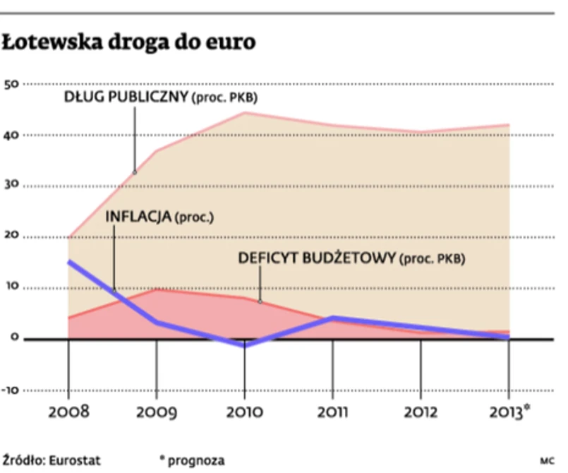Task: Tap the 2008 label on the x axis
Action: point(68,412)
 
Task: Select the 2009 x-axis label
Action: point(156,412)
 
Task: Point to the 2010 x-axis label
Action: point(244,412)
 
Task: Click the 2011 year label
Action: point(332,412)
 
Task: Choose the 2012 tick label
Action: point(421,412)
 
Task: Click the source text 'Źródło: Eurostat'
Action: point(52,460)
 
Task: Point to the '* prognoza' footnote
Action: point(192,460)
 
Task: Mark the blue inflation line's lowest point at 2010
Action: point(244,346)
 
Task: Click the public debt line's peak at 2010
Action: point(244,113)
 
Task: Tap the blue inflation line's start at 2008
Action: point(69,262)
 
